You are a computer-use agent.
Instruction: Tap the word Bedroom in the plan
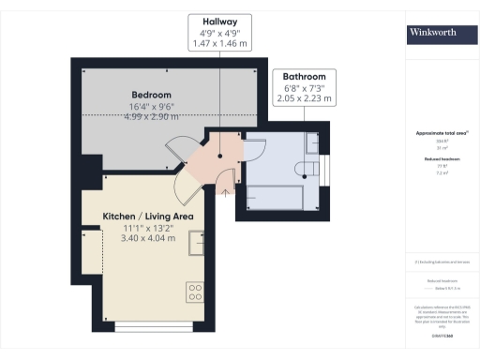tap(151, 95)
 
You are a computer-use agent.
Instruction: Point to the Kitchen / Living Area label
tap(147, 216)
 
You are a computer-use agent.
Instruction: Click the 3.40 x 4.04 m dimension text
tap(147, 238)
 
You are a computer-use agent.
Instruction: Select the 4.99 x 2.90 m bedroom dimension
tap(151, 117)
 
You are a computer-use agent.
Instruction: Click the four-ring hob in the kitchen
tap(195, 292)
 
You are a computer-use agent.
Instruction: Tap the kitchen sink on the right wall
tap(197, 243)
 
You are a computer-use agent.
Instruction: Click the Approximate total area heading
tap(436, 133)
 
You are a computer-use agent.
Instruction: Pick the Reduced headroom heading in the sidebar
tap(436, 160)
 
